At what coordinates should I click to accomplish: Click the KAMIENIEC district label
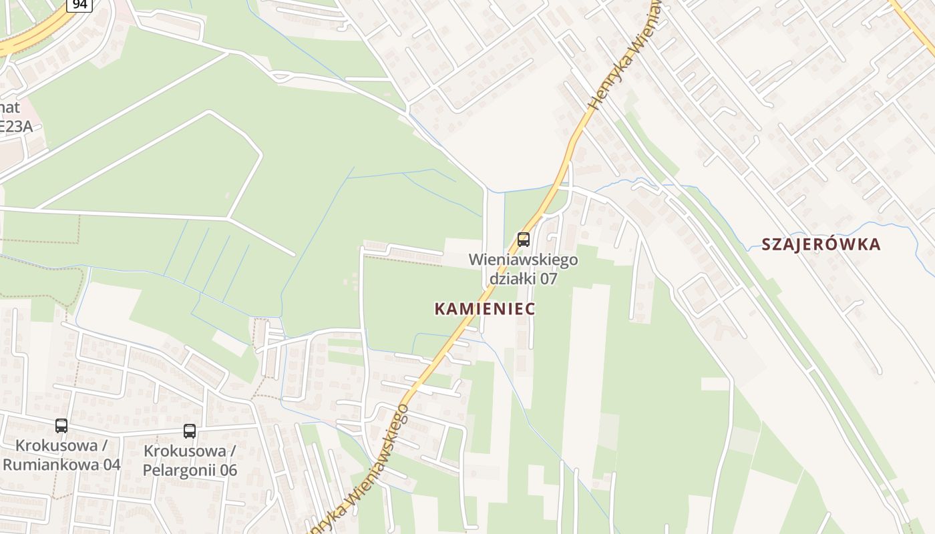click(x=485, y=308)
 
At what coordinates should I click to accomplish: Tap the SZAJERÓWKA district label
click(x=821, y=244)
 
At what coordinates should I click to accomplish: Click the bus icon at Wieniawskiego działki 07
click(x=524, y=239)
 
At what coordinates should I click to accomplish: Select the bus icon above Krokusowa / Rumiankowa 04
click(x=61, y=425)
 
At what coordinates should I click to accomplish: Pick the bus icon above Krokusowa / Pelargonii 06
click(x=190, y=431)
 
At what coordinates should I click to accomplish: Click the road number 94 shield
click(x=79, y=5)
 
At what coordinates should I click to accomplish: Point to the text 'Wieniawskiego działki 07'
click(x=524, y=268)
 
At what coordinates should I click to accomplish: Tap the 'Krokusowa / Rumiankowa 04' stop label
click(x=61, y=455)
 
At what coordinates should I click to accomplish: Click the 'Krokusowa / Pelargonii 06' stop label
click(x=190, y=461)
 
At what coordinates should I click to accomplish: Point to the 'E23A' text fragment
click(x=16, y=126)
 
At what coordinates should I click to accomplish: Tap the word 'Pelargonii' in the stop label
click(x=181, y=470)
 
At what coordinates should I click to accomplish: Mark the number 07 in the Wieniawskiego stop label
click(x=548, y=278)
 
